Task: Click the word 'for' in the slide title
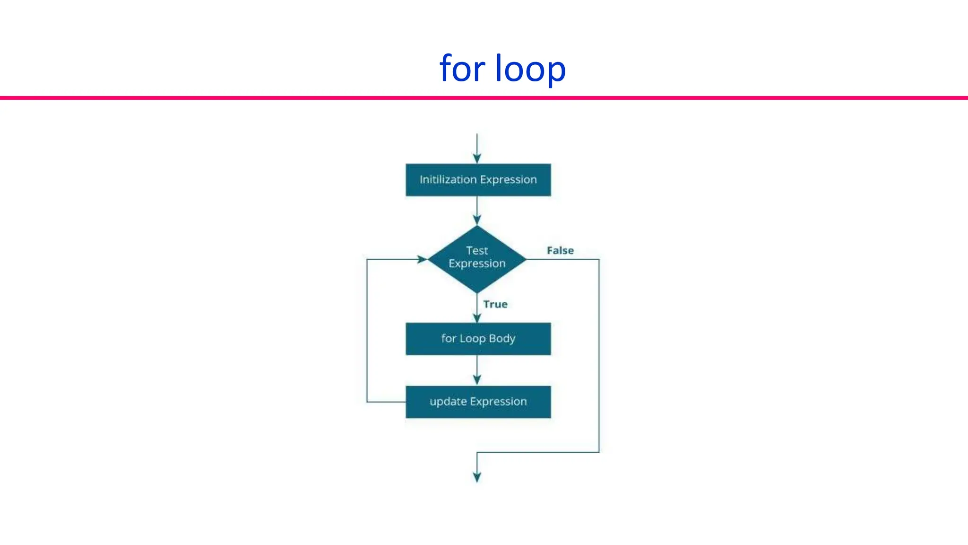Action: point(462,68)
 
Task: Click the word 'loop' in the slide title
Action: point(530,69)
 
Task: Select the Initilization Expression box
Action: point(478,180)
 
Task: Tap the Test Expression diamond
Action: point(477,259)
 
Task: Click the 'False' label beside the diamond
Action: point(560,250)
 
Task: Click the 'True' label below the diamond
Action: point(495,304)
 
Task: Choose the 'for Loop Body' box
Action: point(478,339)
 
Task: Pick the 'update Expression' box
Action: point(478,402)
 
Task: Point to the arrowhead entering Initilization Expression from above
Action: point(477,158)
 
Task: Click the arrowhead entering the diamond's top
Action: point(477,220)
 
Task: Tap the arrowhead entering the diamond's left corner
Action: point(422,259)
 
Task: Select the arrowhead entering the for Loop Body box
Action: point(477,317)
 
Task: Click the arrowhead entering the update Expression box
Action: point(477,380)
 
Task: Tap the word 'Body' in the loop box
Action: point(502,339)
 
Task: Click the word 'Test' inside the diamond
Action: point(476,250)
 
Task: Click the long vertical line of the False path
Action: point(599,355)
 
